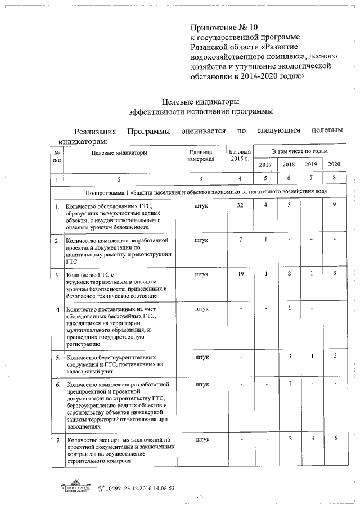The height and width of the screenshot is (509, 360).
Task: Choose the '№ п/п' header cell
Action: (57, 156)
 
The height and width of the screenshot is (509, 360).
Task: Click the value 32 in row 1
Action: (240, 205)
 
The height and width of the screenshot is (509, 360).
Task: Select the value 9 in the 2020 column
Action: (334, 205)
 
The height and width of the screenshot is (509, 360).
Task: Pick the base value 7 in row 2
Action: (240, 240)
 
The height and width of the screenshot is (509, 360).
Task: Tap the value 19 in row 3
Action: (240, 274)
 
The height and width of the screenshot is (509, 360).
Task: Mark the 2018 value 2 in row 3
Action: (289, 274)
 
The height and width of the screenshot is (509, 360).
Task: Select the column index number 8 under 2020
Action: (334, 179)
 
